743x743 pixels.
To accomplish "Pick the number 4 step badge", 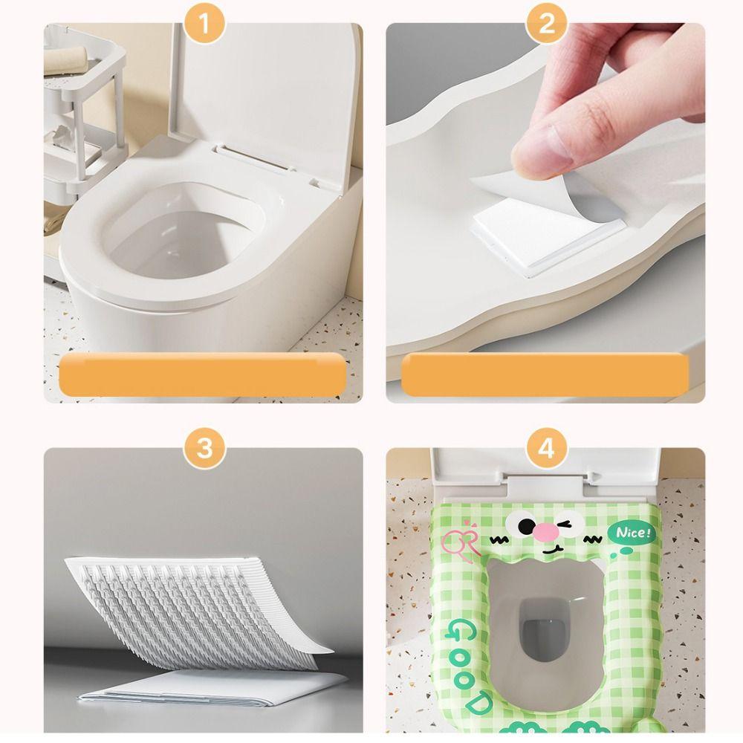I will tap(546, 448).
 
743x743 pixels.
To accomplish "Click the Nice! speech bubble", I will tap(632, 533).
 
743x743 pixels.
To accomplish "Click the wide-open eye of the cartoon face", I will tap(520, 523).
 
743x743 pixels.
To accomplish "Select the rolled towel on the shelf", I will tap(67, 61).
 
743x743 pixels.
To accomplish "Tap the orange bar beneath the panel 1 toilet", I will tap(202, 374).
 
